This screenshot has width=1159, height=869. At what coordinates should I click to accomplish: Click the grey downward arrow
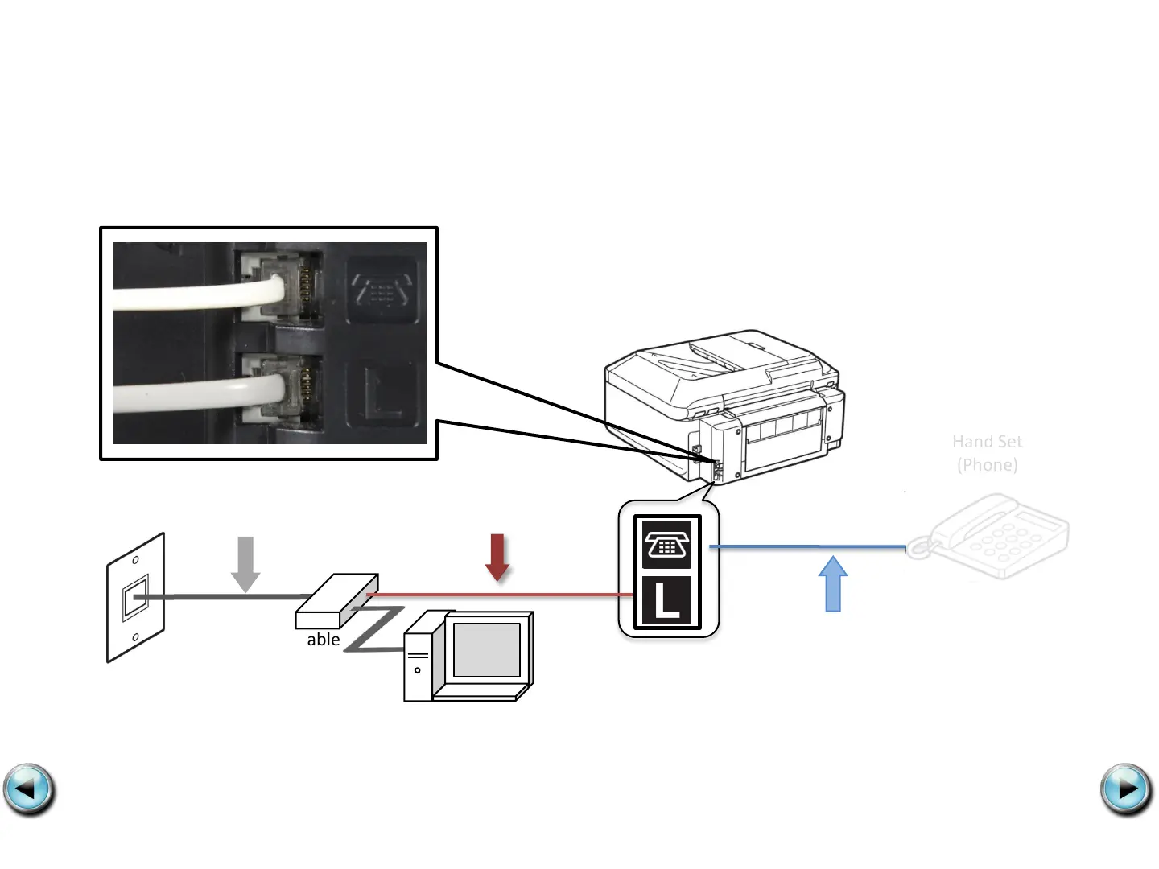(245, 563)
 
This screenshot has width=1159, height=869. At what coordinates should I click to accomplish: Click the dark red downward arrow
(497, 557)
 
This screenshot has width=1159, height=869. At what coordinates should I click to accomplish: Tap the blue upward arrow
(833, 584)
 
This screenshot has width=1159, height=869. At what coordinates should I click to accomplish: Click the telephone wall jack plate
(135, 598)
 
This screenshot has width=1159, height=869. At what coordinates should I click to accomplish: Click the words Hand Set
(987, 442)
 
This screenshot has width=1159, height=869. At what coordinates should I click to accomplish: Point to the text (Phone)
(987, 465)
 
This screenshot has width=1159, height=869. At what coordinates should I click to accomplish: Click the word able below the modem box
(324, 640)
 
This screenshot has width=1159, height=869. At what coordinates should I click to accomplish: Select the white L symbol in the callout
(666, 601)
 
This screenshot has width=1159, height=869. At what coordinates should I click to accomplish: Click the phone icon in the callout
(666, 545)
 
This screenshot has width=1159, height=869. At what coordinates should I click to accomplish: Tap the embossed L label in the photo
(382, 394)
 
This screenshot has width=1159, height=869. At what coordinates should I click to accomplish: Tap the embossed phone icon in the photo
(382, 290)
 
